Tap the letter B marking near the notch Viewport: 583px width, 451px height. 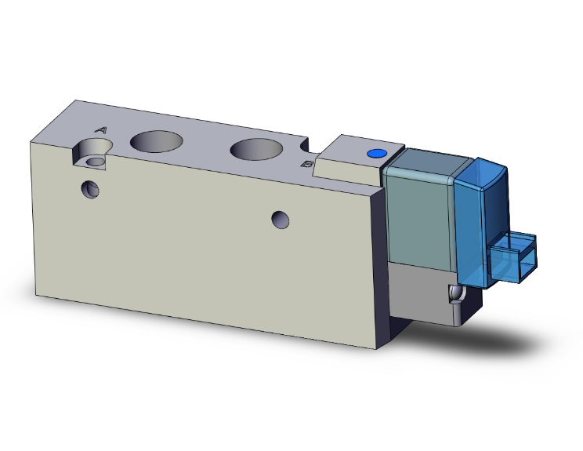308,165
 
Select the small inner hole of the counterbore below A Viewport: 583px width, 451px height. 96,161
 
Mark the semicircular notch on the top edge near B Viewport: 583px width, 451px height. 306,146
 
